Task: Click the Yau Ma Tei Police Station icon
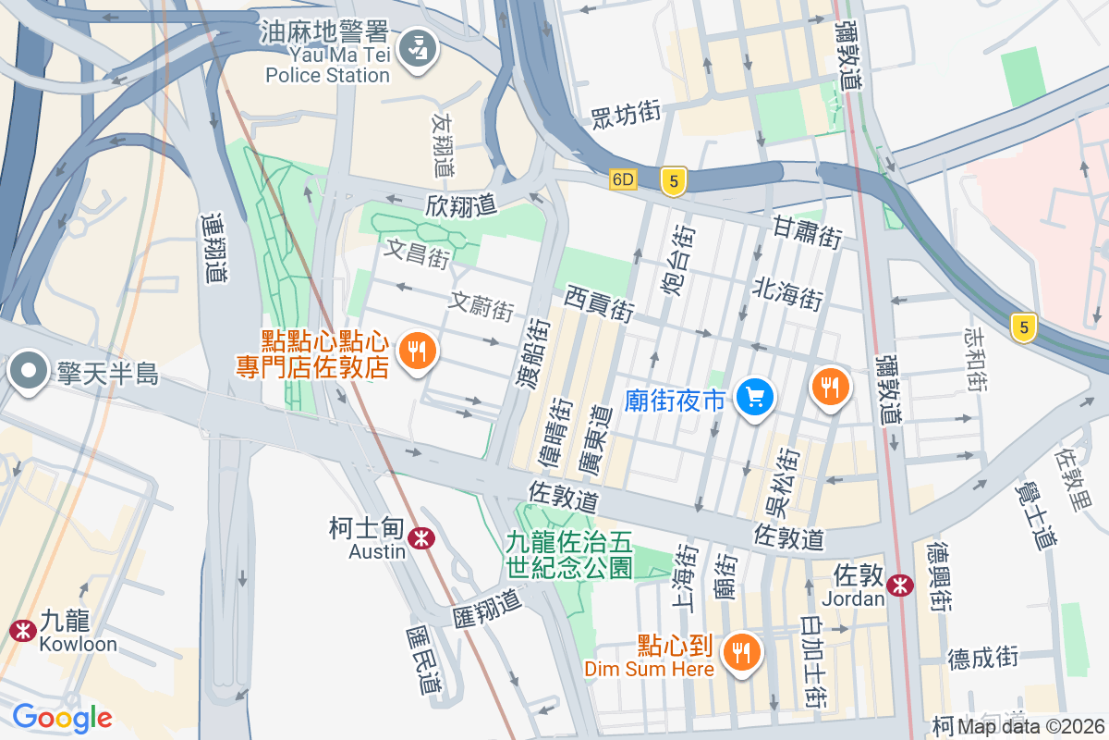pyautogui.click(x=420, y=46)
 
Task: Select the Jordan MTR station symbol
pyautogui.click(x=898, y=586)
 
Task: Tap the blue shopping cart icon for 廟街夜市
pyautogui.click(x=755, y=398)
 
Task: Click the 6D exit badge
pyautogui.click(x=623, y=180)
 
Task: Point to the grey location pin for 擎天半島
pyautogui.click(x=29, y=372)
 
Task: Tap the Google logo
pyautogui.click(x=62, y=717)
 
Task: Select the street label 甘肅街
pyautogui.click(x=808, y=231)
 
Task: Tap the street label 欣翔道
pyautogui.click(x=462, y=205)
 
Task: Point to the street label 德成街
pyautogui.click(x=982, y=658)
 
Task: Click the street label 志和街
pyautogui.click(x=976, y=357)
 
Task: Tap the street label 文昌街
pyautogui.click(x=418, y=253)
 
